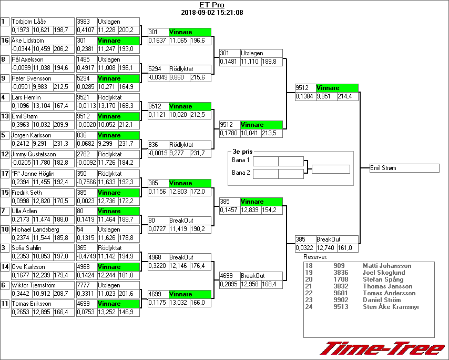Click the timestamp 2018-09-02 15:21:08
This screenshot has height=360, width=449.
point(211,12)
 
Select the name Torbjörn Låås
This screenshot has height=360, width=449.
point(28,22)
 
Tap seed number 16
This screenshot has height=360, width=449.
point(5,41)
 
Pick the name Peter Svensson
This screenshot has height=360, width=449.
point(31,78)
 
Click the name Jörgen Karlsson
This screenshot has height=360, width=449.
point(32,135)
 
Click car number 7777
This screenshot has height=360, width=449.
point(84,285)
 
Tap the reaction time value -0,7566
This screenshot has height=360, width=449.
point(86,182)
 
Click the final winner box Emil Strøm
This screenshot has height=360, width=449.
point(404,168)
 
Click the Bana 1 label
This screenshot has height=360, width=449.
point(240,159)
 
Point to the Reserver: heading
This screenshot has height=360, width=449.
point(315,257)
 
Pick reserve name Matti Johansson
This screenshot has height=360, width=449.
point(387,266)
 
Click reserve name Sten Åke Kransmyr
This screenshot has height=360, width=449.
point(391,307)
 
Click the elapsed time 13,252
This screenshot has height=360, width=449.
point(107,312)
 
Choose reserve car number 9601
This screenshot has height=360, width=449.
point(341,293)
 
